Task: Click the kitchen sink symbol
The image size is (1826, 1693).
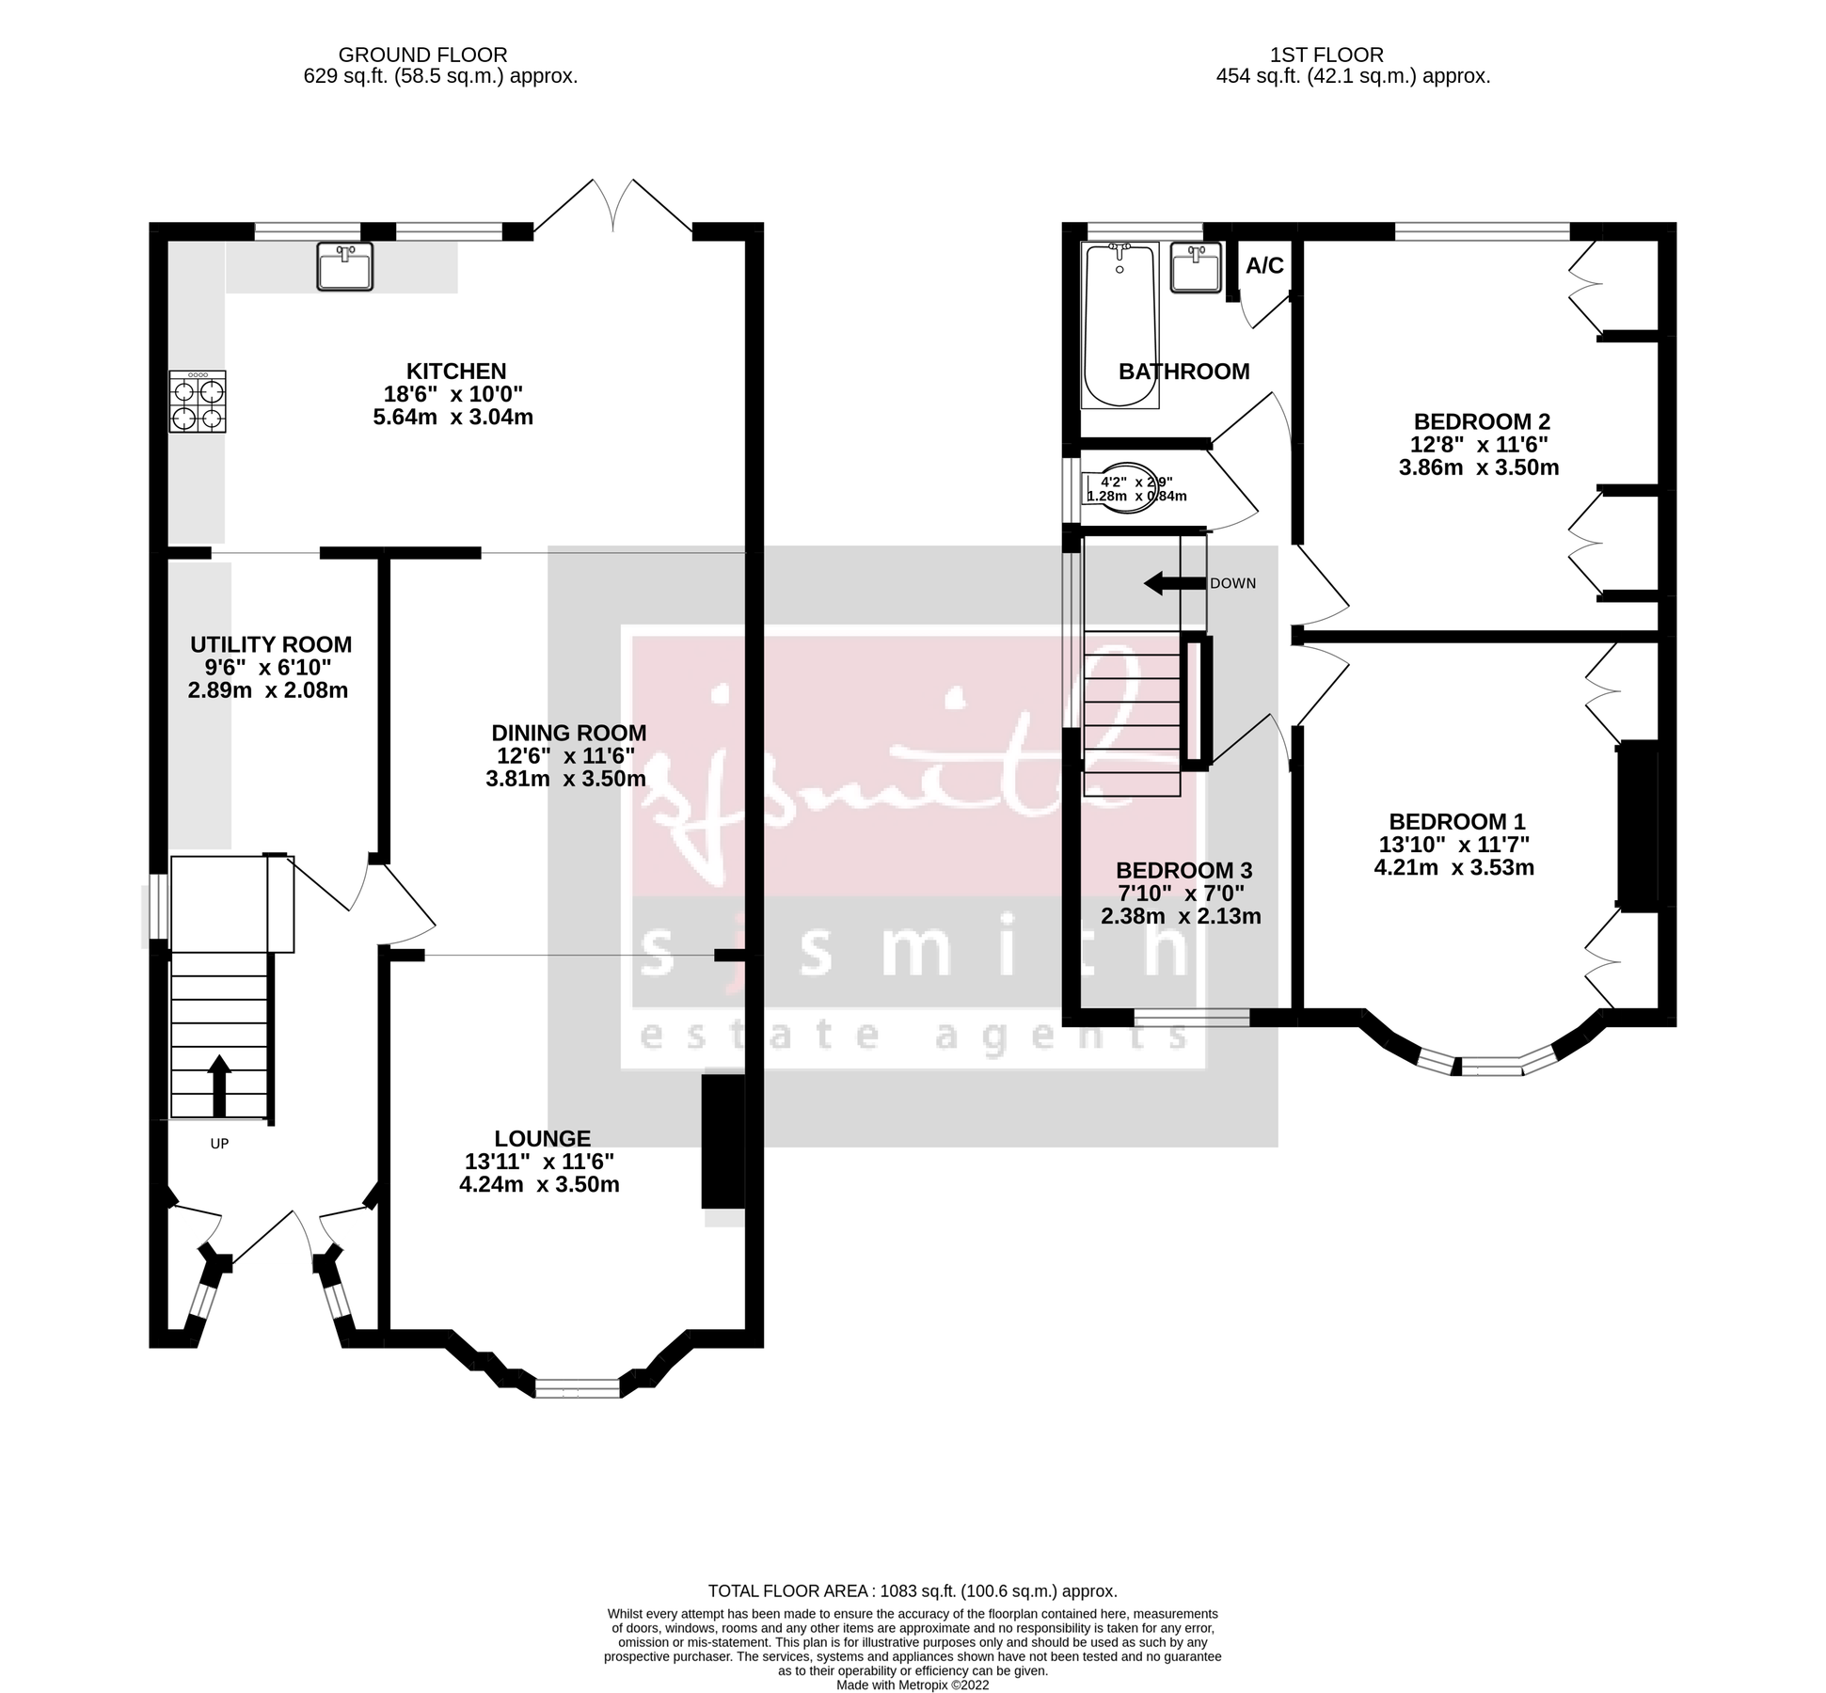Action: [x=345, y=266]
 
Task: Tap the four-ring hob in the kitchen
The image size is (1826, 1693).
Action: [x=198, y=402]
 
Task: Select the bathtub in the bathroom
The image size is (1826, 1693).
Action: [x=1119, y=324]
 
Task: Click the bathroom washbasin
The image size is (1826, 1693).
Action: [x=1197, y=267]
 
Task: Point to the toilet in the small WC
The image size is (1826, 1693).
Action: [x=1130, y=489]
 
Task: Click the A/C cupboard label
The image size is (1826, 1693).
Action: [x=1264, y=266]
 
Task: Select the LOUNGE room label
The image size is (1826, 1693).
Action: [x=542, y=1138]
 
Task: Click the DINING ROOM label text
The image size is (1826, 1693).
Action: [x=568, y=733]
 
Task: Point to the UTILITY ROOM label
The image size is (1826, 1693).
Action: [x=271, y=644]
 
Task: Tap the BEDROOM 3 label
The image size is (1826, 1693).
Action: [x=1183, y=870]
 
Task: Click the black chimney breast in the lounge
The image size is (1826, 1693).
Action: [x=722, y=1142]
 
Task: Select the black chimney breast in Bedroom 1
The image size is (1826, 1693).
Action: [x=1637, y=826]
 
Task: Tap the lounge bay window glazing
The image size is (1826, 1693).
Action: [x=578, y=1387]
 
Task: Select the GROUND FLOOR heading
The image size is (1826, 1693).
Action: [x=422, y=55]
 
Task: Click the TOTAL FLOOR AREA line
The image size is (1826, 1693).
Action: [x=912, y=1591]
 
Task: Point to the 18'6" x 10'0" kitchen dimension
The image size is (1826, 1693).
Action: [x=453, y=394]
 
